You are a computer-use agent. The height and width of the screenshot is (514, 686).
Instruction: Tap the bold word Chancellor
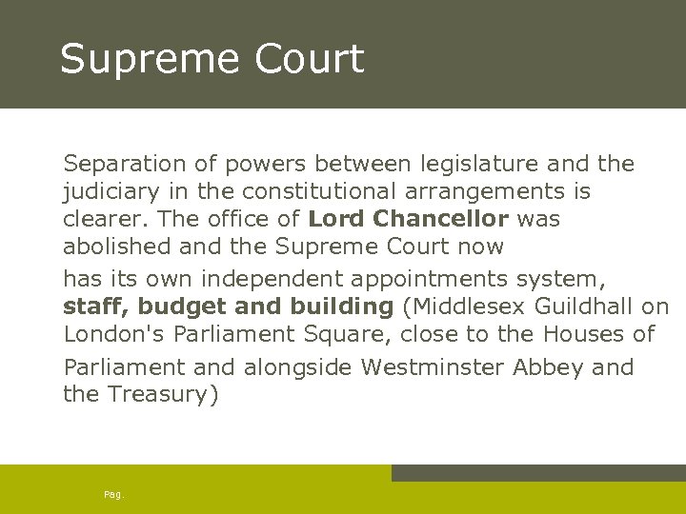point(440,219)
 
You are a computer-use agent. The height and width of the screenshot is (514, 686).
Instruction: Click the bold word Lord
point(336,219)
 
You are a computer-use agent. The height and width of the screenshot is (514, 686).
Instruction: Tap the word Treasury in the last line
point(161,394)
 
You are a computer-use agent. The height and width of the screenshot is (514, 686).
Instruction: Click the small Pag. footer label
point(114,494)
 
